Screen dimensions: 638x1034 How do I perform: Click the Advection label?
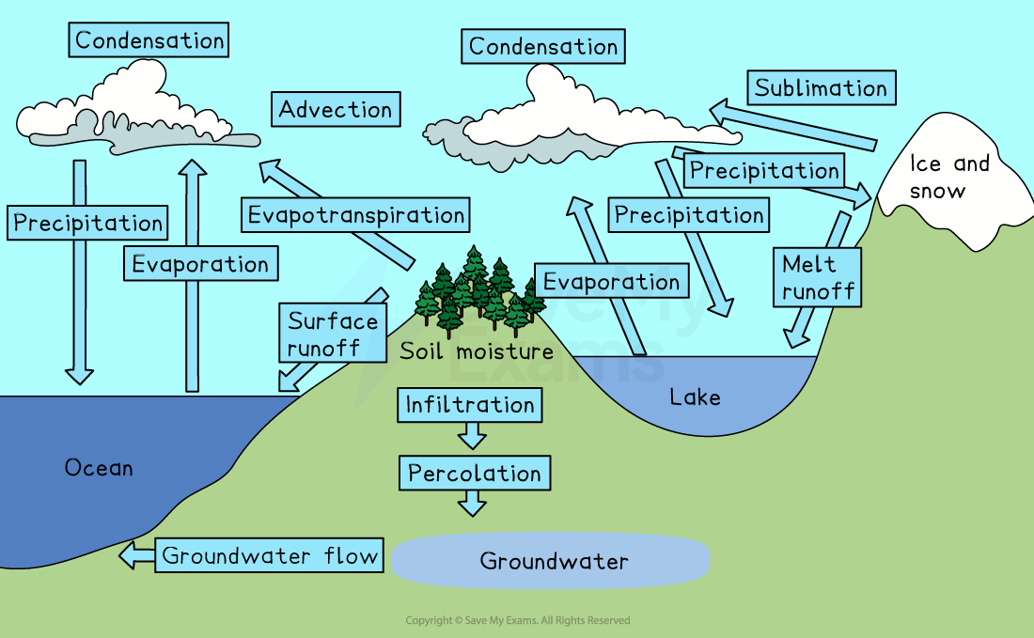[336, 110]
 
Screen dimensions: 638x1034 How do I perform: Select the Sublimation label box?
[821, 88]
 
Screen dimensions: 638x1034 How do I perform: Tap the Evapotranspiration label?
[355, 215]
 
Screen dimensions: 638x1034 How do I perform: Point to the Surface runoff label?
[333, 334]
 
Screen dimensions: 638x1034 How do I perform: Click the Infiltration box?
[470, 405]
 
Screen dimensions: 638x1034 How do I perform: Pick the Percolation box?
[475, 474]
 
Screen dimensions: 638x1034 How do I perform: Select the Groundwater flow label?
[270, 555]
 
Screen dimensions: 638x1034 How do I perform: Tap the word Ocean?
[99, 467]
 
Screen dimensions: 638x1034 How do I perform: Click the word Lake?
[695, 397]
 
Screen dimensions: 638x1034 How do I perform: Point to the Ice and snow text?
[949, 177]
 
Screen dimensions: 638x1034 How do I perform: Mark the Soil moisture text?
[477, 352]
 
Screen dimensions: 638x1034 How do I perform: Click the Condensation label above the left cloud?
[149, 40]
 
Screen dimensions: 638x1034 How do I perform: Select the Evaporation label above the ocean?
[200, 264]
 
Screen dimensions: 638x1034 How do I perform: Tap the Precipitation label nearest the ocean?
[88, 224]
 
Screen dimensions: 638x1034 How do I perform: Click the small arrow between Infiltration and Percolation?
[472, 434]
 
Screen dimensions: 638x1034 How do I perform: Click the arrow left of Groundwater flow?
[136, 555]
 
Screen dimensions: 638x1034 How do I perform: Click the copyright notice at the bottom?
[517, 620]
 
